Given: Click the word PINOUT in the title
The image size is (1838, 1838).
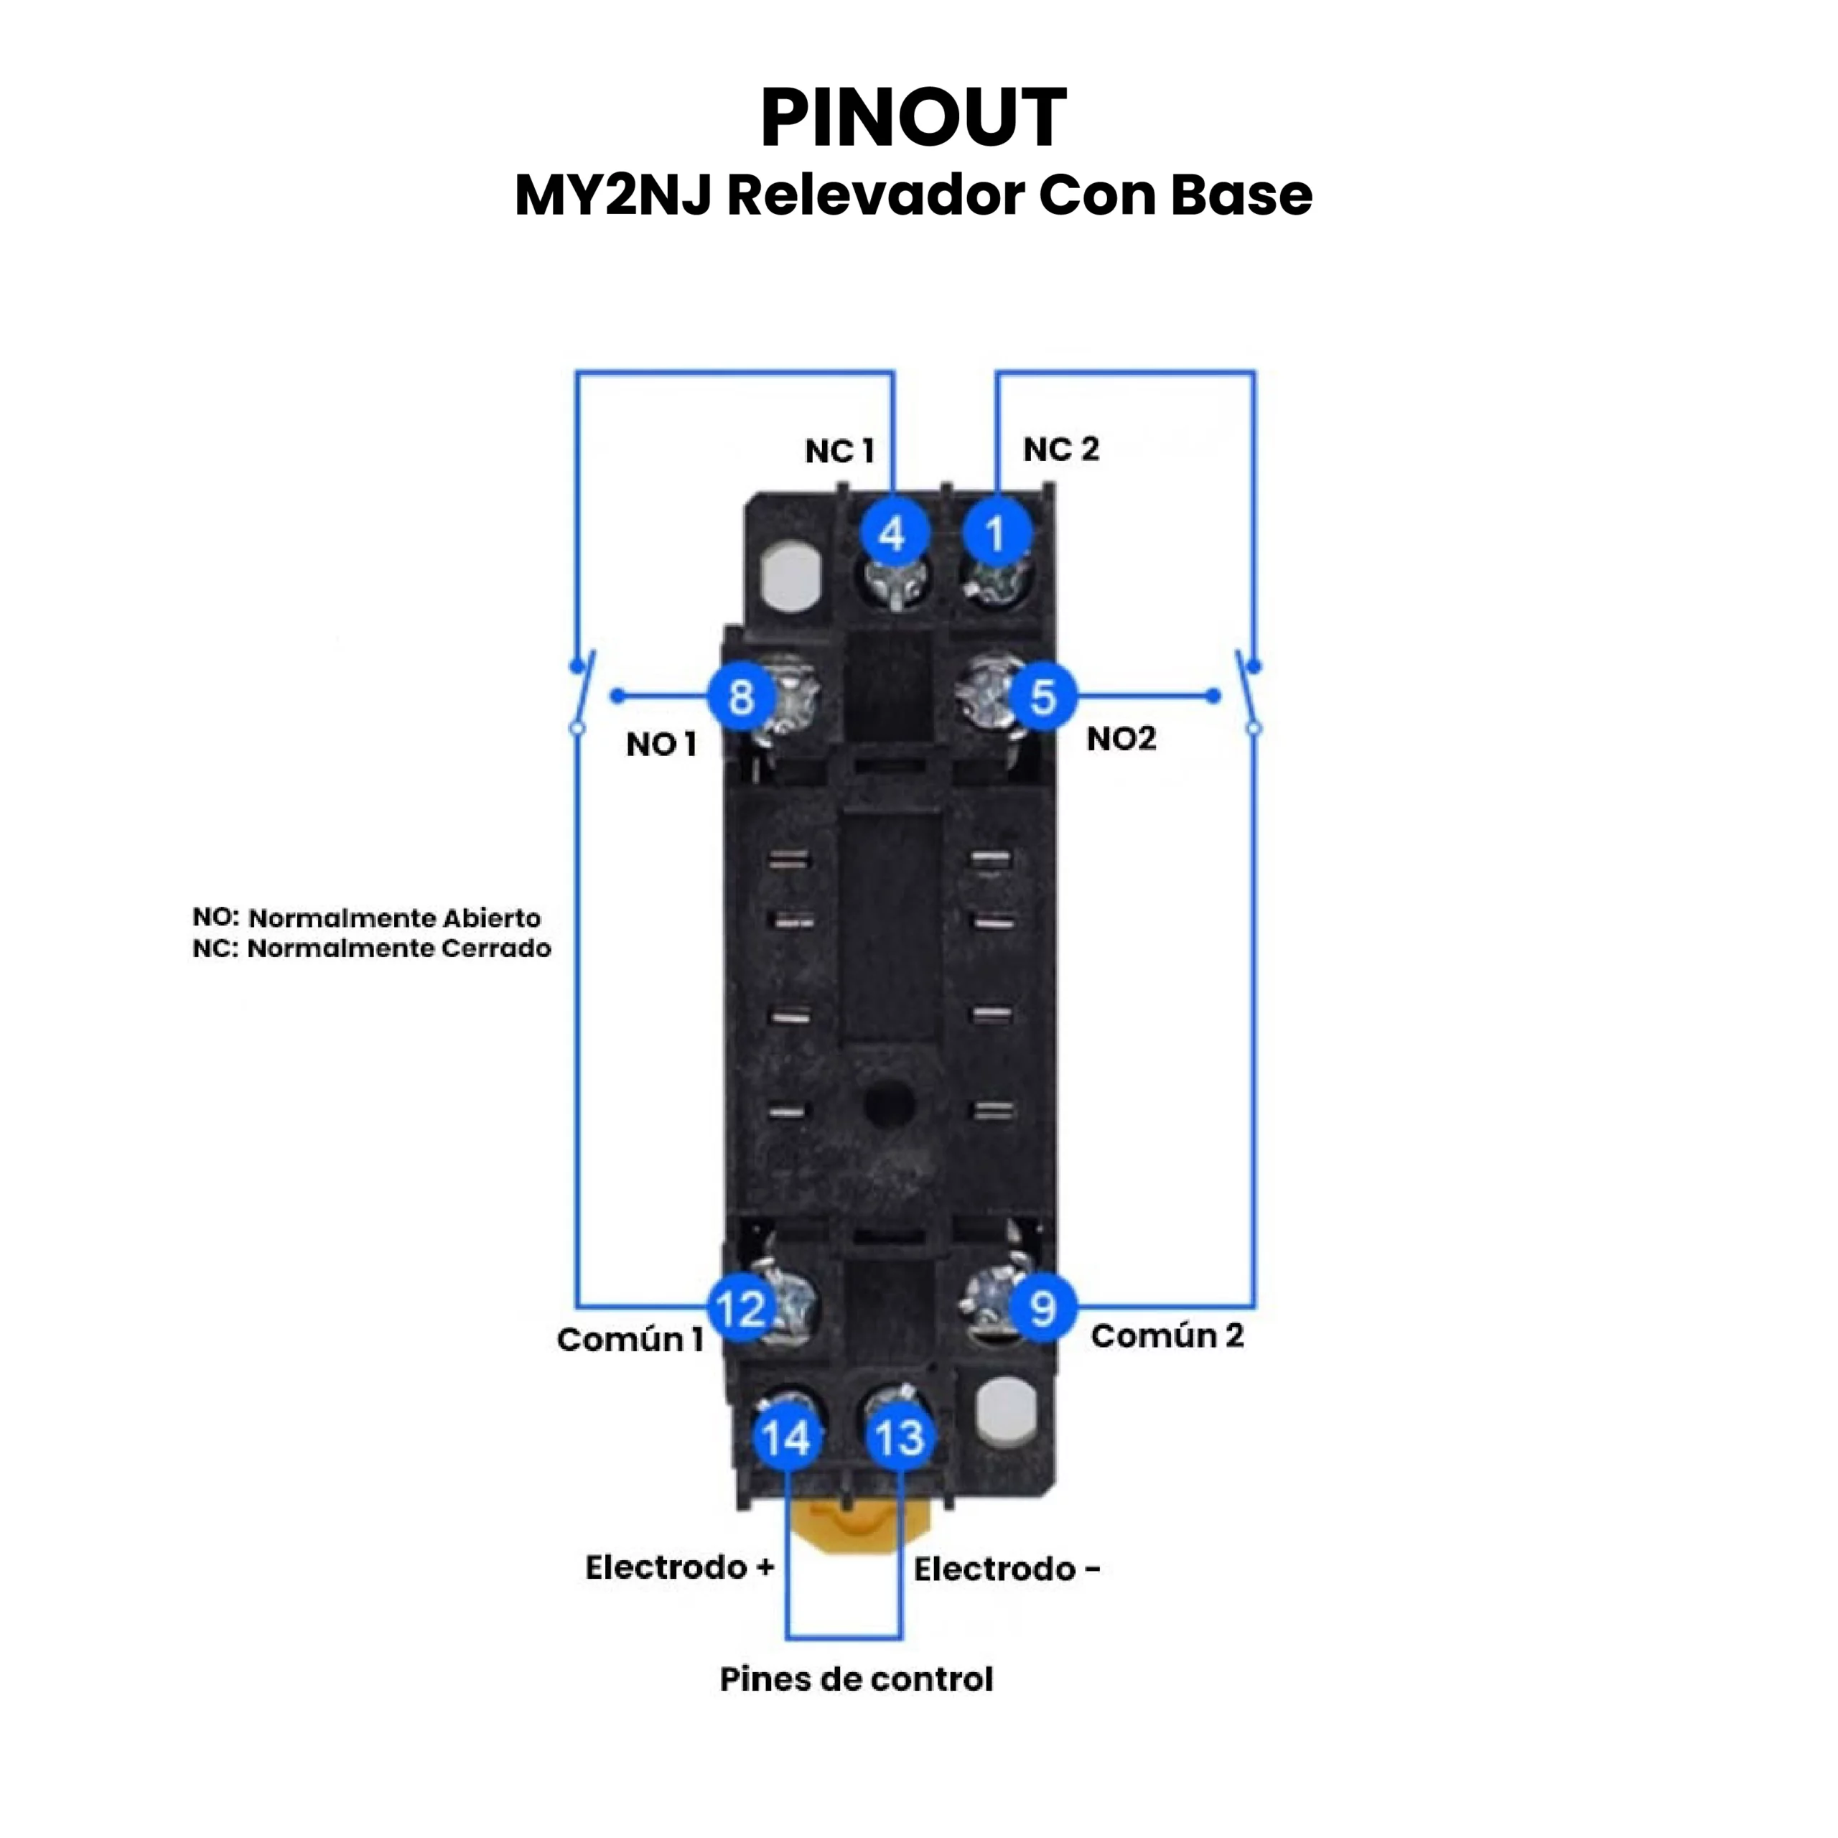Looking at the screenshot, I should pyautogui.click(x=913, y=118).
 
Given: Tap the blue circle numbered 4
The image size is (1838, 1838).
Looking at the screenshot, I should pyautogui.click(x=892, y=533).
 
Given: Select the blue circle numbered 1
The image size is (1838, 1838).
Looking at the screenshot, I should pyautogui.click(x=996, y=533).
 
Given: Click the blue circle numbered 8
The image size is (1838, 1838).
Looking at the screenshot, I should pyautogui.click(x=741, y=696).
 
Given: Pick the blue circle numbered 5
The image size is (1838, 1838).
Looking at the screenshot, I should pyautogui.click(x=1042, y=696).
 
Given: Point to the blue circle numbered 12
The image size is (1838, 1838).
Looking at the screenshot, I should pyautogui.click(x=741, y=1309).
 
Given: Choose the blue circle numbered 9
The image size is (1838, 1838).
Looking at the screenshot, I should pyautogui.click(x=1042, y=1309).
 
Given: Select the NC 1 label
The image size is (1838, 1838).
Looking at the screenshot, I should pyautogui.click(x=839, y=451).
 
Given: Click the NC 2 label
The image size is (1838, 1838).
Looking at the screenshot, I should pyautogui.click(x=1060, y=449).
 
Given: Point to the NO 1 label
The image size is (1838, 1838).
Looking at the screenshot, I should pyautogui.click(x=661, y=744).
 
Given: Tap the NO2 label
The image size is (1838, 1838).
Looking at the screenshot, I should pyautogui.click(x=1121, y=738).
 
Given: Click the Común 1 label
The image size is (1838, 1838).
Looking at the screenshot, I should pyautogui.click(x=630, y=1340).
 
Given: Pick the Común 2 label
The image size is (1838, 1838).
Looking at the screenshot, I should pyautogui.click(x=1167, y=1335).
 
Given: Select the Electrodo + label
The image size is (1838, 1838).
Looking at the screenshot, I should pyautogui.click(x=679, y=1567).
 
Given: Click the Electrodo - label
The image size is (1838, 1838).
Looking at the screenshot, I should pyautogui.click(x=1007, y=1569).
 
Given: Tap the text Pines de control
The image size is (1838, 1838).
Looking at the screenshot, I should pyautogui.click(x=857, y=1679).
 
